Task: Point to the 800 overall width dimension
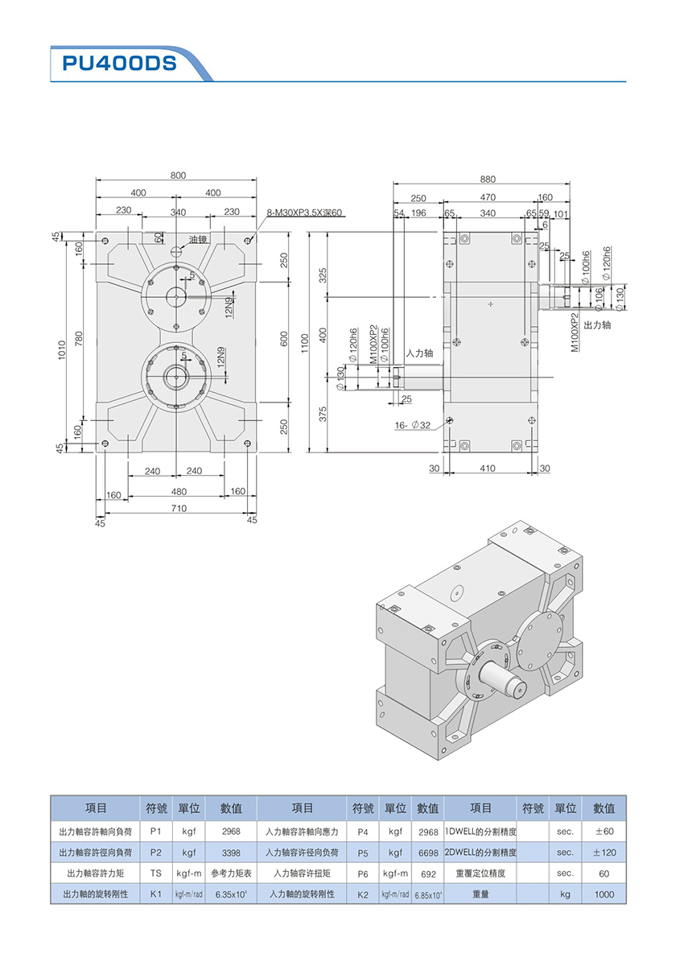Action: click(x=178, y=175)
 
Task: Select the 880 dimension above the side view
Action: click(x=488, y=179)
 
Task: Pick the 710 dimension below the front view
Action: click(x=179, y=508)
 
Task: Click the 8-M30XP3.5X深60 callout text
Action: click(x=304, y=213)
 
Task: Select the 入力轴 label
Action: click(x=419, y=353)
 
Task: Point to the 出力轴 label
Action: click(x=597, y=324)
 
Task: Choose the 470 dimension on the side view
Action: click(x=488, y=197)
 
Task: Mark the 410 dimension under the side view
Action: click(x=488, y=468)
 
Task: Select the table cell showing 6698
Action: click(x=428, y=852)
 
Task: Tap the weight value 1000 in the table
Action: click(x=604, y=894)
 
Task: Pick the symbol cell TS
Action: click(x=155, y=873)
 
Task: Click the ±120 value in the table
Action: click(x=604, y=852)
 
